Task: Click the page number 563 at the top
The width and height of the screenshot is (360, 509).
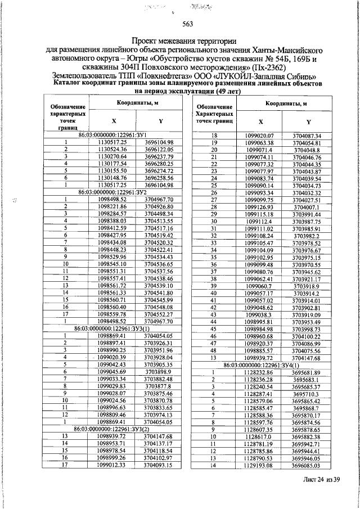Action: (188, 24)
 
